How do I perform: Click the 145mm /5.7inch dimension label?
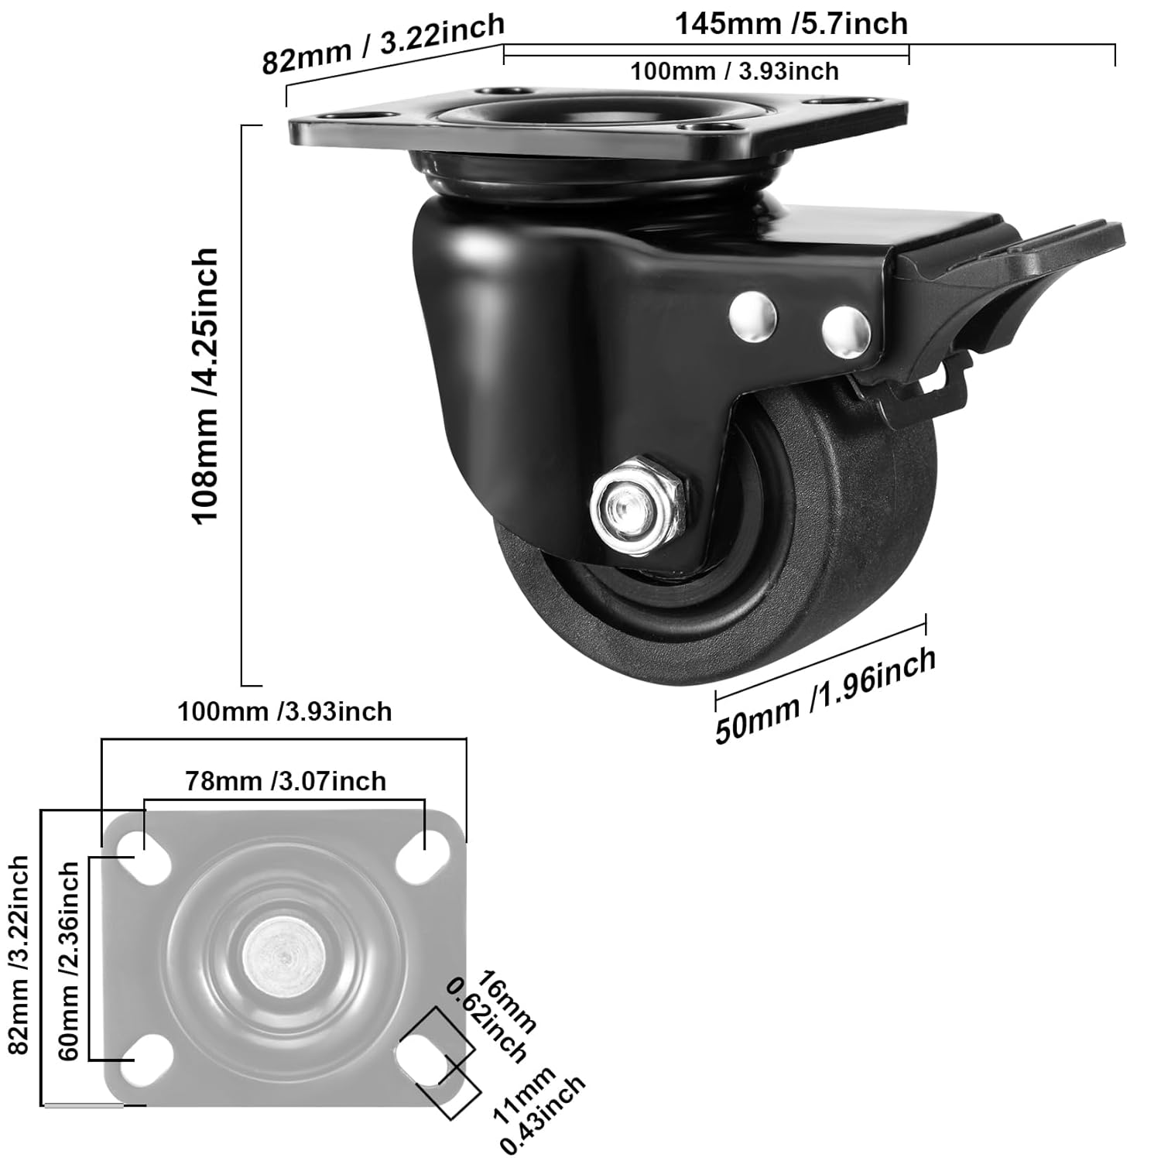(x=791, y=24)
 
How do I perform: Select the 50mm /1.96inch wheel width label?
(x=825, y=695)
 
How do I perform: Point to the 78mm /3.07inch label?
(x=285, y=781)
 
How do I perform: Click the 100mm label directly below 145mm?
(x=734, y=72)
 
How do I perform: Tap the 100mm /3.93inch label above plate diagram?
(x=285, y=711)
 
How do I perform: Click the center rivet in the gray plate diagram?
(x=283, y=957)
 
